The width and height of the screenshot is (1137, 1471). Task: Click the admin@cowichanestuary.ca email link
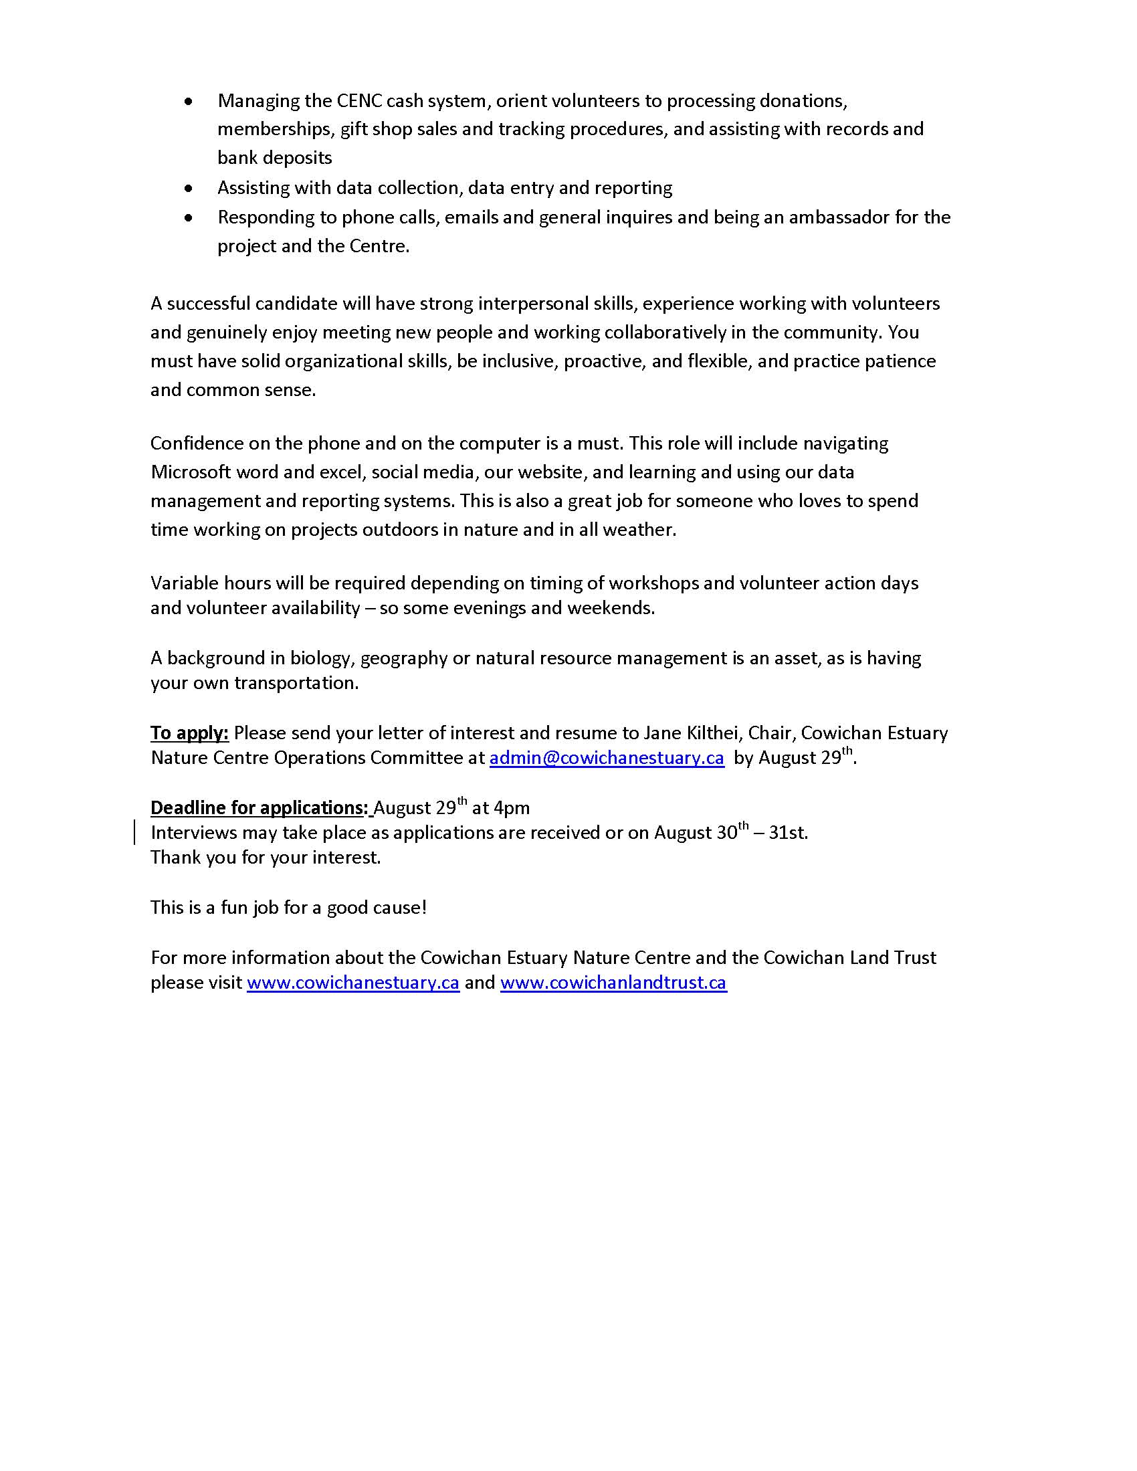coord(606,758)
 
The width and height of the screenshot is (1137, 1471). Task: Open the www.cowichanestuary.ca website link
coord(353,983)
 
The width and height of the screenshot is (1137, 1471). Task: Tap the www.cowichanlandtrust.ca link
coord(613,983)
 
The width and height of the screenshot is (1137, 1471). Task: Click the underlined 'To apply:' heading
coord(189,732)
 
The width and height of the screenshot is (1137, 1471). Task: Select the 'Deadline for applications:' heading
coord(260,807)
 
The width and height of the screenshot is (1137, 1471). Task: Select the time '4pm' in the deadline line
coord(511,807)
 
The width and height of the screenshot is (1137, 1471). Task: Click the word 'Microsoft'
coord(191,472)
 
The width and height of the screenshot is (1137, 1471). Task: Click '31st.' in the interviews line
coord(788,832)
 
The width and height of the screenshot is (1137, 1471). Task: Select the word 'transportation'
coord(296,683)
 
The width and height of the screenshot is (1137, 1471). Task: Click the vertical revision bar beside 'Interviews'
coord(135,832)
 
